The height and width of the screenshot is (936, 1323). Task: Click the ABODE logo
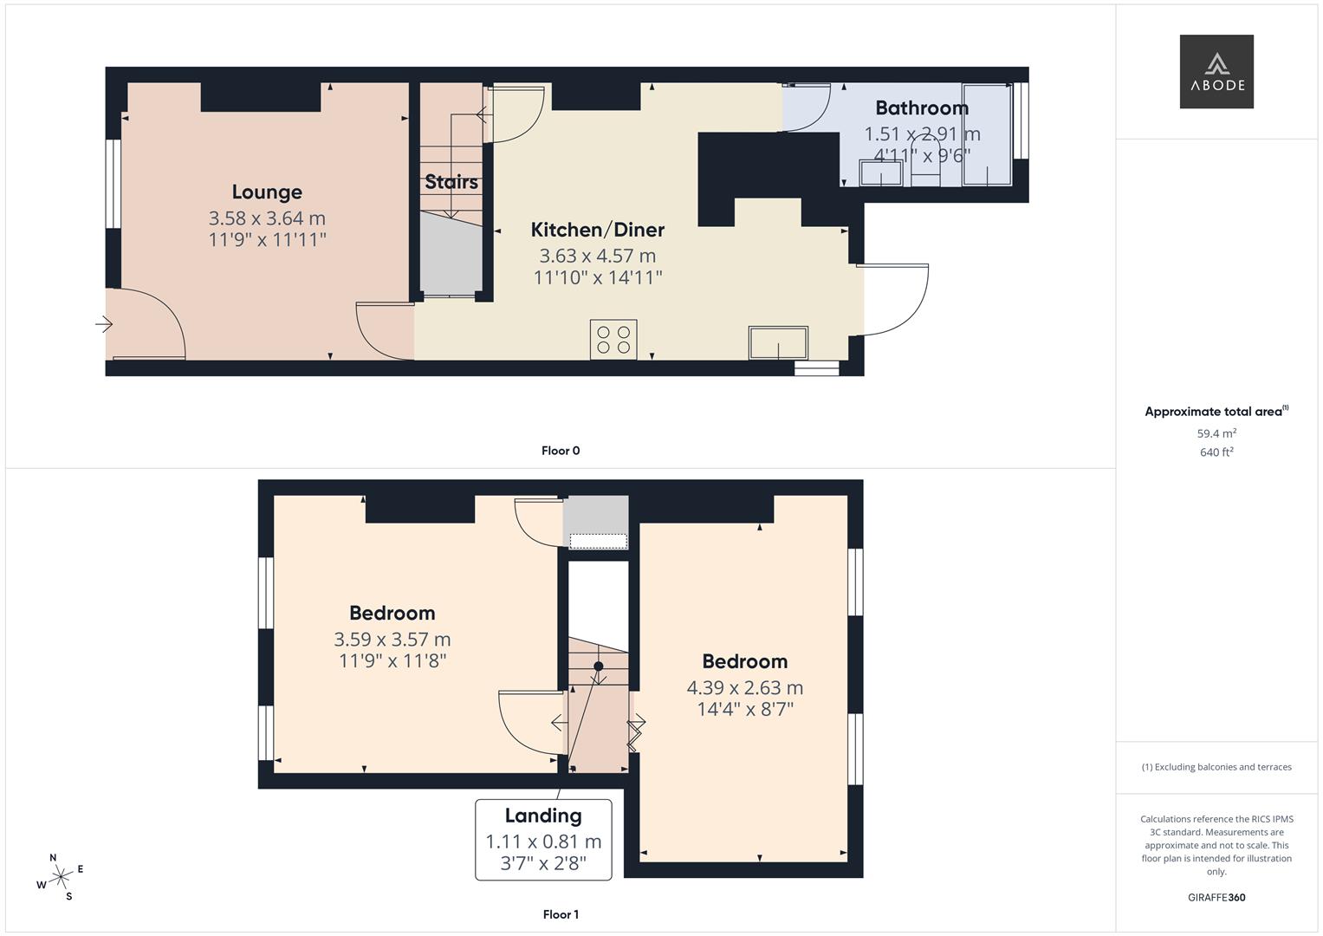point(1216,72)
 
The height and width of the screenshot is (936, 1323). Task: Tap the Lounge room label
point(267,192)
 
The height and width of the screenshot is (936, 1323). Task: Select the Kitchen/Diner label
point(597,230)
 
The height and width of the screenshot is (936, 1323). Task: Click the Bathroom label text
point(921,108)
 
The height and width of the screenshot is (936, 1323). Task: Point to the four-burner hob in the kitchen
point(613,339)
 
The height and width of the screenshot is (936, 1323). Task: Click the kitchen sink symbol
point(778,342)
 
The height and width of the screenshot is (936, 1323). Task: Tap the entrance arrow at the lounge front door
point(104,324)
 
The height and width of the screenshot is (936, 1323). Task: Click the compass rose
point(61,877)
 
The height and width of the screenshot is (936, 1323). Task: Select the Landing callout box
point(543,839)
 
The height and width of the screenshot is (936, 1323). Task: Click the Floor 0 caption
point(561,451)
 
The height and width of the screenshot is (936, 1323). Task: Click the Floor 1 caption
point(561,914)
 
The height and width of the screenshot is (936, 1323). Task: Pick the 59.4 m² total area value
point(1216,433)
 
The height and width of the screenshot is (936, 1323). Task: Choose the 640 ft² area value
point(1216,452)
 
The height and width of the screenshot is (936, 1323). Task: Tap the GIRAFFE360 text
point(1216,898)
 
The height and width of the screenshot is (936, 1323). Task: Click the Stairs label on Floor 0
point(451,182)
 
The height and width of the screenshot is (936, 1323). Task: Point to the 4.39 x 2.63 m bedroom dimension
point(744,688)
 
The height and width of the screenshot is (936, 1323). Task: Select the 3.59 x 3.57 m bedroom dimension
point(392,640)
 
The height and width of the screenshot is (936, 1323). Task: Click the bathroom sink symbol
point(881,173)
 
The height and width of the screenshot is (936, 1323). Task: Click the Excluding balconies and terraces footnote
point(1216,767)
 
